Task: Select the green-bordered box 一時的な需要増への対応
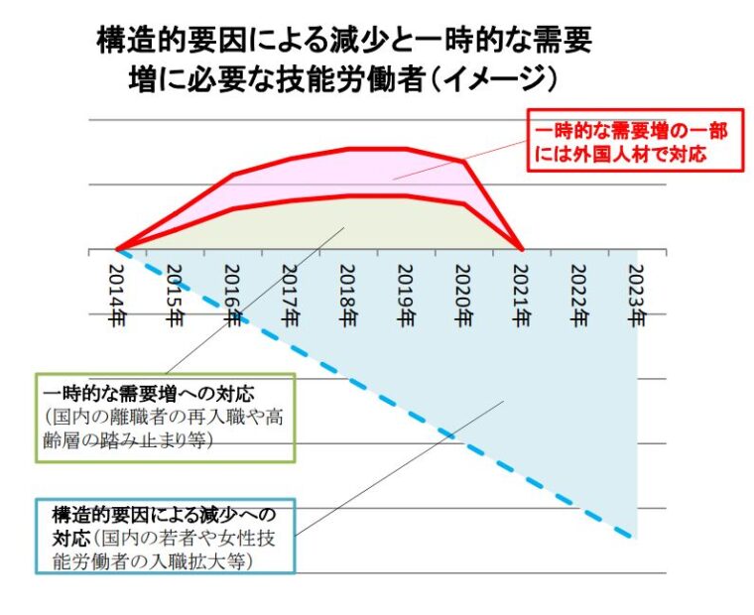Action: click(166, 418)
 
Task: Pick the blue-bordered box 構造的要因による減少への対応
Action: click(166, 537)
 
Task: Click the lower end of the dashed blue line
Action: click(633, 537)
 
